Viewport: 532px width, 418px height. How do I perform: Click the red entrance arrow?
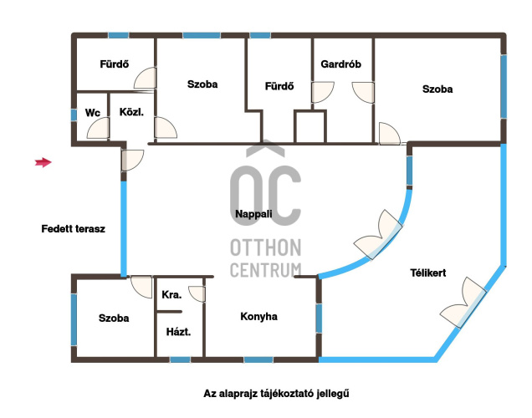(43, 162)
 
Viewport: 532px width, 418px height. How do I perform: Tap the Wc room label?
(93, 113)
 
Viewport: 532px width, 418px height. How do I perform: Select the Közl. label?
(131, 112)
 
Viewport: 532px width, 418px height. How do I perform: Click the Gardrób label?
(340, 64)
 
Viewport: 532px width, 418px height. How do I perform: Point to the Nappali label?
(253, 214)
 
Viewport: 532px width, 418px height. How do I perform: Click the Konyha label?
(258, 316)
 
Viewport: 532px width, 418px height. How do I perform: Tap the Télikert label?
(427, 273)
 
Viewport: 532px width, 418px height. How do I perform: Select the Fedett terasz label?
(74, 229)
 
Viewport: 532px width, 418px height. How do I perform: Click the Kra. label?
(171, 294)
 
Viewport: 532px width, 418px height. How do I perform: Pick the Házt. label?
(178, 332)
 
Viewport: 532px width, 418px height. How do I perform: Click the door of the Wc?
(99, 128)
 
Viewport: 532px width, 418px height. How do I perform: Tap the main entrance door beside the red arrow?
(133, 161)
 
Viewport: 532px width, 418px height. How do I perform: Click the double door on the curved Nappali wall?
(378, 235)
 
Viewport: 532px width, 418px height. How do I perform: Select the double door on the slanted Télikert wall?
(463, 303)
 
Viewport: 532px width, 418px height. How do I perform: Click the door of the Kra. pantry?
(197, 294)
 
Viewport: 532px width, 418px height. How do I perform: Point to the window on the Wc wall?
(74, 115)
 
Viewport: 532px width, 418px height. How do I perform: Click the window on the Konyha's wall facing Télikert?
(319, 319)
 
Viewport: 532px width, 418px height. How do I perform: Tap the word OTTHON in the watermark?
(266, 247)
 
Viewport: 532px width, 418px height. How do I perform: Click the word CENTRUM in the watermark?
(266, 270)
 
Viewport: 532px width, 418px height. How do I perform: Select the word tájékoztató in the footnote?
(288, 394)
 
